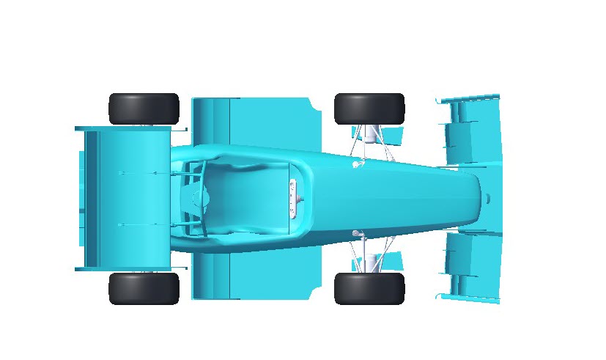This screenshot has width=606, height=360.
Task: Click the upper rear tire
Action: [x=144, y=109]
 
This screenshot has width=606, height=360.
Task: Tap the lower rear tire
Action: [x=144, y=288]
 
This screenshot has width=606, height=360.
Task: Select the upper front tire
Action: [x=369, y=109]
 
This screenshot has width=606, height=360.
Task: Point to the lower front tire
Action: [x=369, y=288]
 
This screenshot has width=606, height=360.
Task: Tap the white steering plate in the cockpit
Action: [x=294, y=199]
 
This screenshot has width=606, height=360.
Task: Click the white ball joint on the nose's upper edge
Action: [x=356, y=164]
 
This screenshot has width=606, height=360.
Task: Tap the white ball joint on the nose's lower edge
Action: [x=356, y=233]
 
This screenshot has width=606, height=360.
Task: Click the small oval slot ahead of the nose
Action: [x=489, y=198]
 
